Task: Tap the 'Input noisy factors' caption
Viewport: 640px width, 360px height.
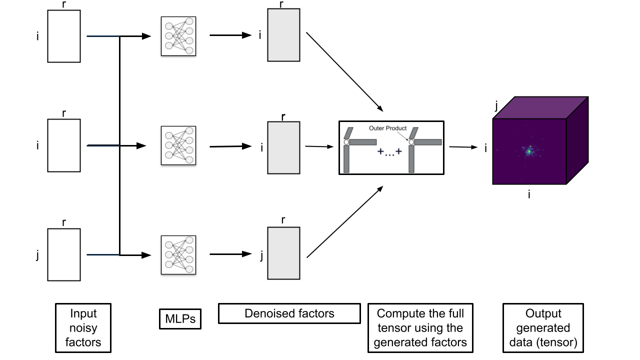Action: point(83,327)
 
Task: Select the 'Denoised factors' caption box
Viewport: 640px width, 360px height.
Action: point(289,314)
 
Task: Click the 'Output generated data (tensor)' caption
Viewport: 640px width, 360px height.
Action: point(543,327)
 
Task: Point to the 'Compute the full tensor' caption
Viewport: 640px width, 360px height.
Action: point(420,327)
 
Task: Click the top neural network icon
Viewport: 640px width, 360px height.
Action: point(178,36)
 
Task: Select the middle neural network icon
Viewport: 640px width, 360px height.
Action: point(178,145)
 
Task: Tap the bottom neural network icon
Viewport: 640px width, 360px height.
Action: point(178,254)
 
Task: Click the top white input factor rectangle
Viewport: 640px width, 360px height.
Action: point(64,36)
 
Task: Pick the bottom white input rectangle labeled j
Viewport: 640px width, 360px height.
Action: point(64,254)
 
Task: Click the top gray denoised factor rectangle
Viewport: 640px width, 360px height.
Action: point(283,35)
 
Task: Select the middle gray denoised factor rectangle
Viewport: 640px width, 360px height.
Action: point(283,147)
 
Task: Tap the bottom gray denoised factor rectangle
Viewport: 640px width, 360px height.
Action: point(283,253)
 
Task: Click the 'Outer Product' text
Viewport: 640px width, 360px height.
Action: point(387,128)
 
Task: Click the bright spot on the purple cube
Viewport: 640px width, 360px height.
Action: point(529,150)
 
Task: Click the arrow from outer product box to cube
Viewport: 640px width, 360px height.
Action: point(462,147)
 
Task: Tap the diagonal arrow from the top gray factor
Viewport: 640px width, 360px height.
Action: point(344,72)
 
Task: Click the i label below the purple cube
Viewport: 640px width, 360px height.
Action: point(529,194)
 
